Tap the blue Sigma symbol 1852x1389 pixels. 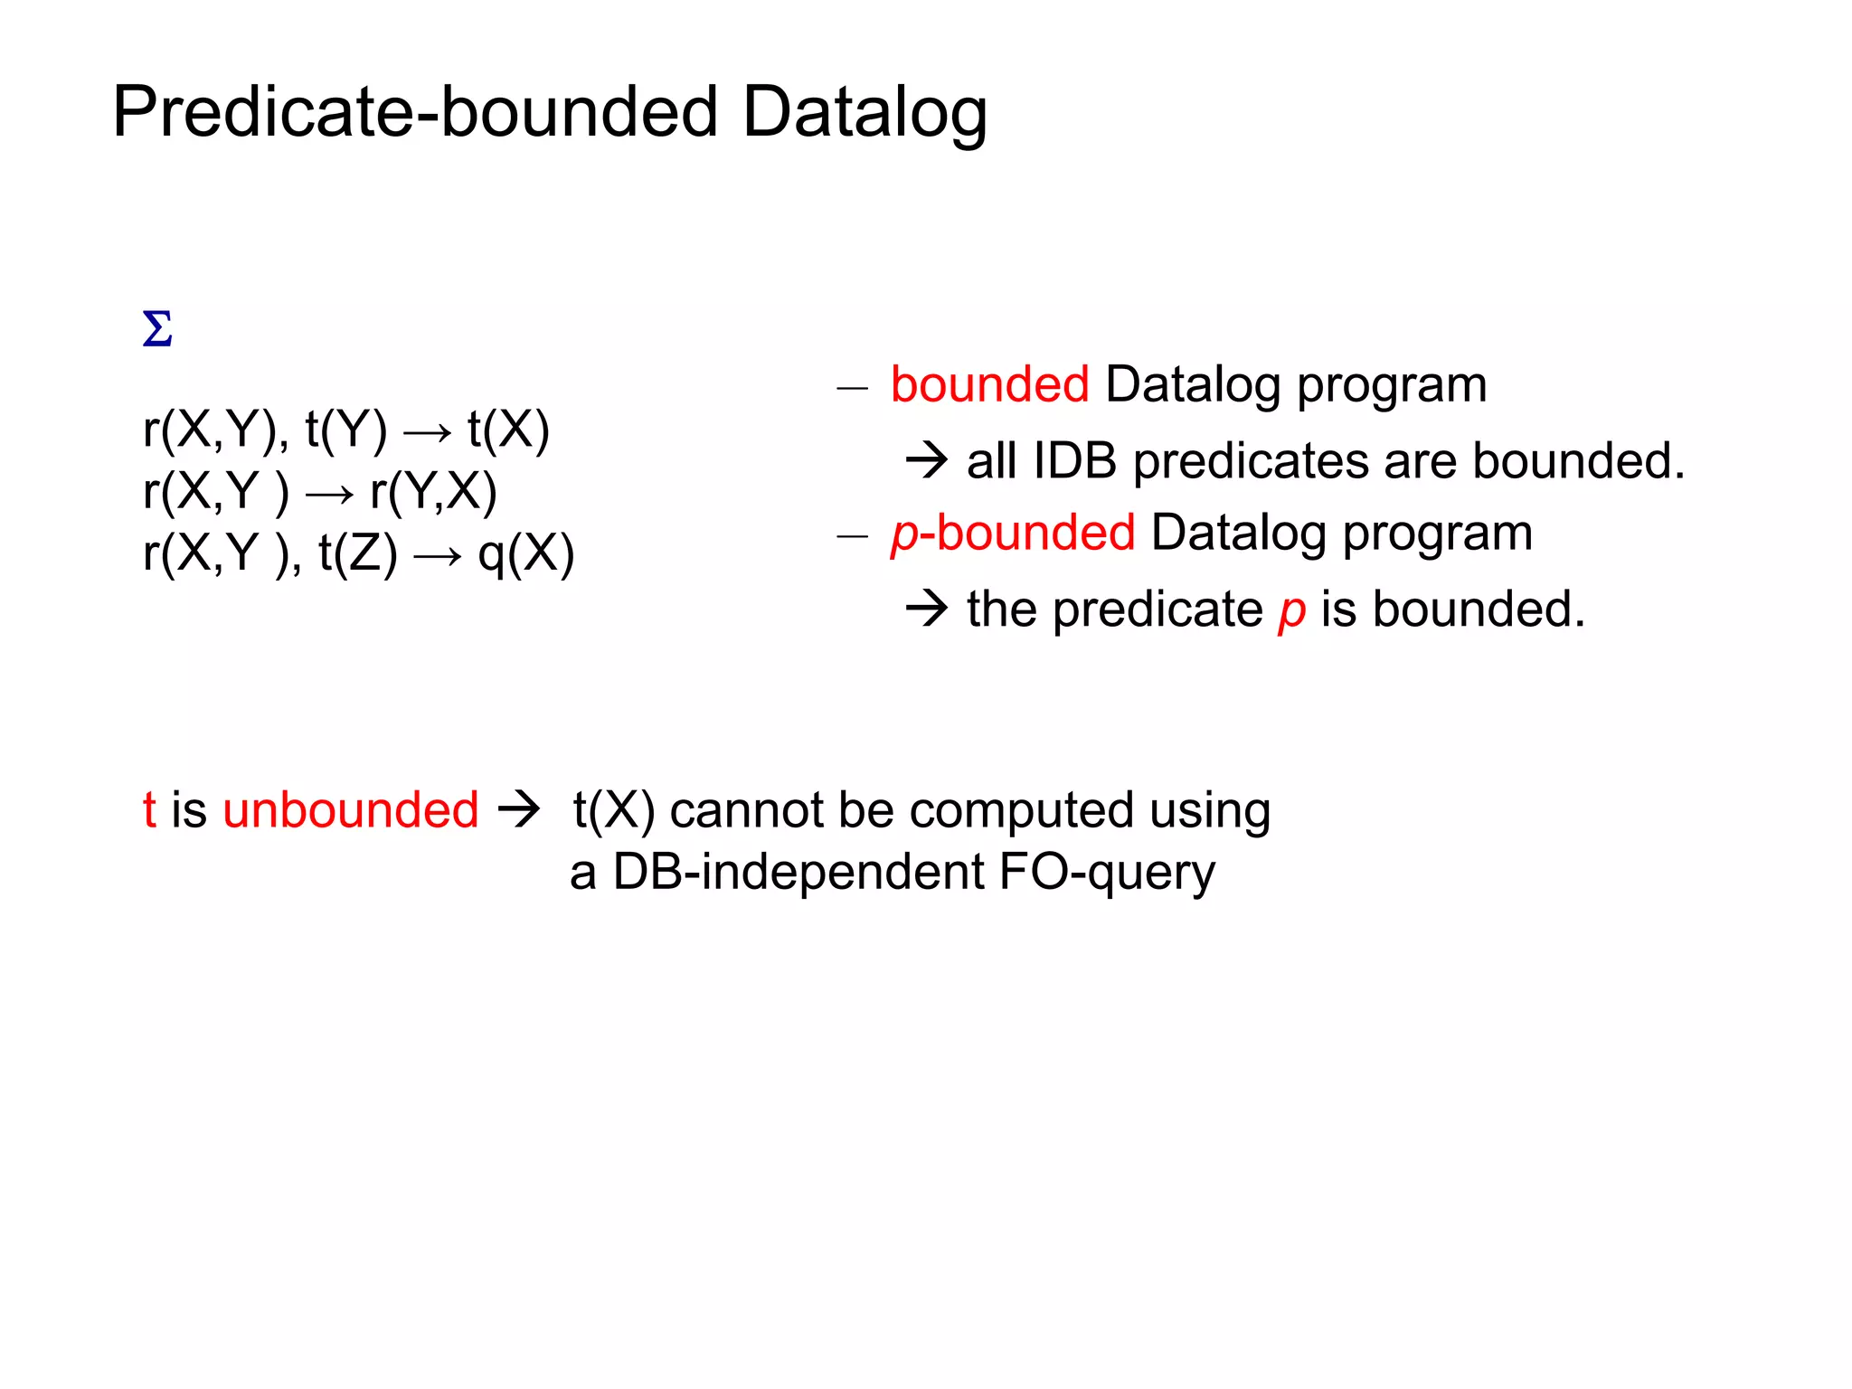157,329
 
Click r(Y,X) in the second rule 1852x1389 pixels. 433,492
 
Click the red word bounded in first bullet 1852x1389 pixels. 989,385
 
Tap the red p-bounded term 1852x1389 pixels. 1012,533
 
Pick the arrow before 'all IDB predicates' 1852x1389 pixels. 927,461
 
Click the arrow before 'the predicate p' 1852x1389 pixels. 927,609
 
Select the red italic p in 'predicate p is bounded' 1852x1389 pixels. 1291,610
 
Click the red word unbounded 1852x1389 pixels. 351,810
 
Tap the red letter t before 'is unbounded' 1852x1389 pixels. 149,810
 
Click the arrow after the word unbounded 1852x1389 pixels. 519,808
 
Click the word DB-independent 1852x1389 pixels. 798,873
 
